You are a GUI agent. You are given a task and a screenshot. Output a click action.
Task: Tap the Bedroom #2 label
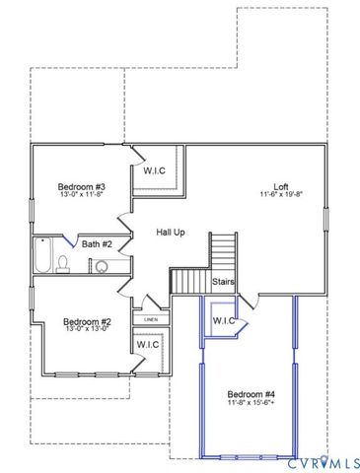pyautogui.click(x=87, y=321)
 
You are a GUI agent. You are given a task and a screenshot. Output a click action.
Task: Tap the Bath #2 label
pyautogui.click(x=97, y=243)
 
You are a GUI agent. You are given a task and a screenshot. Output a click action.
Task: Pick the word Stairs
pyautogui.click(x=224, y=282)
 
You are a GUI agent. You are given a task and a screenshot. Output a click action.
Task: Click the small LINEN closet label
pyautogui.click(x=151, y=319)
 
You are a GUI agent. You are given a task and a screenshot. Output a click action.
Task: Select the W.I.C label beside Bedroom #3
pyautogui.click(x=155, y=170)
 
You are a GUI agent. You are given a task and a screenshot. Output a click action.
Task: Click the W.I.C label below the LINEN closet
pyautogui.click(x=147, y=344)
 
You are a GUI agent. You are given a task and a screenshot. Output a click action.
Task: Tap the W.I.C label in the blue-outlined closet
pyautogui.click(x=223, y=320)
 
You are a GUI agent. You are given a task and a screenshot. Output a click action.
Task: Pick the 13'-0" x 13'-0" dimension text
pyautogui.click(x=87, y=330)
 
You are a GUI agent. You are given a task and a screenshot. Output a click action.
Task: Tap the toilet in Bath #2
pyautogui.click(x=64, y=263)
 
